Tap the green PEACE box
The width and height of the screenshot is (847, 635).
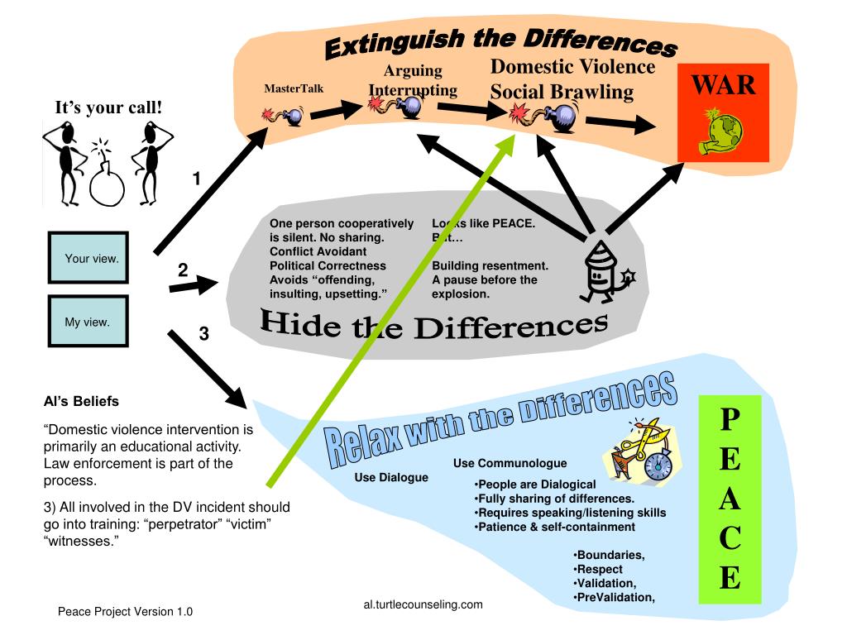click(730, 499)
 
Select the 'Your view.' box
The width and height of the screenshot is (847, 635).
click(89, 259)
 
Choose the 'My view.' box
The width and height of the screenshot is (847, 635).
click(89, 322)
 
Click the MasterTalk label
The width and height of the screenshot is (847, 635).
click(294, 88)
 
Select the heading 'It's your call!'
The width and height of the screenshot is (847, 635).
click(108, 107)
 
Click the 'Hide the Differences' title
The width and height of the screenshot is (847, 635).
click(434, 325)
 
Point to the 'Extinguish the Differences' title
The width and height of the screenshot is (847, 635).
click(500, 42)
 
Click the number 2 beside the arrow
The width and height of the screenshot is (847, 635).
click(183, 270)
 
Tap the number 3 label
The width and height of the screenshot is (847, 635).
click(203, 335)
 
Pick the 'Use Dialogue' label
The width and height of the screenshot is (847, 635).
click(391, 477)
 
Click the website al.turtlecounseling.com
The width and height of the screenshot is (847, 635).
click(423, 604)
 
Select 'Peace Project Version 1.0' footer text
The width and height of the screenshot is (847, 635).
click(125, 612)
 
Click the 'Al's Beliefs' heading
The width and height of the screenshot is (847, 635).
click(81, 401)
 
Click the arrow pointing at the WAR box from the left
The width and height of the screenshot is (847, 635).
click(620, 124)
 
